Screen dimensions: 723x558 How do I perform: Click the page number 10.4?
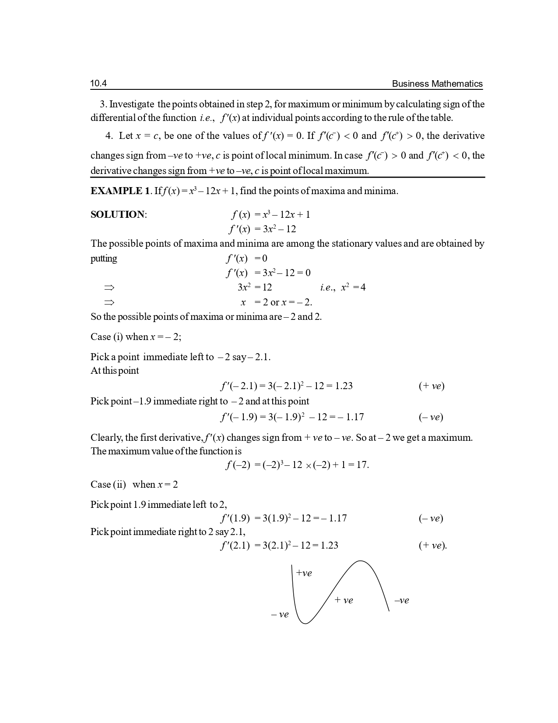[x=98, y=84]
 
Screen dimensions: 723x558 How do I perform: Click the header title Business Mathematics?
[x=437, y=84]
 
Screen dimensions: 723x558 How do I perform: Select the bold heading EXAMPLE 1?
[x=120, y=191]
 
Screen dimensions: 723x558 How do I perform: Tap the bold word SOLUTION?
[x=117, y=215]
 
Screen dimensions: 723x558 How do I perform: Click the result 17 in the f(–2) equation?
[x=361, y=465]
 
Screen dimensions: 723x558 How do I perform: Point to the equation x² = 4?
[x=353, y=287]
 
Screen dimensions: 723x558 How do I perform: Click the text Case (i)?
[x=106, y=337]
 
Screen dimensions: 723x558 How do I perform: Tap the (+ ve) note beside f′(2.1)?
[x=432, y=546]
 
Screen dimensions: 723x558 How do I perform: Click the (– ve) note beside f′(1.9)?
[x=431, y=519]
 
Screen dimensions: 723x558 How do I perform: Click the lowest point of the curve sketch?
[x=305, y=623]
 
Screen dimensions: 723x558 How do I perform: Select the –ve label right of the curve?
[x=401, y=601]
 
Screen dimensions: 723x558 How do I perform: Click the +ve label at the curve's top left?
[x=304, y=573]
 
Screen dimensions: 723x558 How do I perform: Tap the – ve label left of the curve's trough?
[x=280, y=615]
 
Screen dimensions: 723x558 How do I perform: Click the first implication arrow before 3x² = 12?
[x=109, y=288]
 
